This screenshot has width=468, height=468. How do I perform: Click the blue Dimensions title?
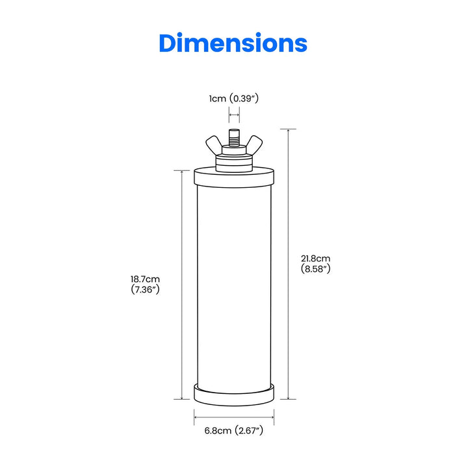tap(233, 43)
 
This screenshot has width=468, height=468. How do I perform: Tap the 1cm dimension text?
tap(218, 99)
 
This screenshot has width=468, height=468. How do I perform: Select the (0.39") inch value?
tap(247, 99)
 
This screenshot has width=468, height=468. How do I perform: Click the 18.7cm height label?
tap(145, 279)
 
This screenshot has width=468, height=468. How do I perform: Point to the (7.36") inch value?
tap(145, 290)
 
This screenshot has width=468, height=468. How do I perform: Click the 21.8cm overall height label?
tap(317, 258)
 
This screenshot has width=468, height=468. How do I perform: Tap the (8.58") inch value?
tap(317, 268)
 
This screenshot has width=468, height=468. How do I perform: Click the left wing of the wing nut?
tap(215, 144)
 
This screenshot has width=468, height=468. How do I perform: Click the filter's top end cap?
tap(234, 177)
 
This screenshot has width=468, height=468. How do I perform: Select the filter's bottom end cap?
tap(234, 392)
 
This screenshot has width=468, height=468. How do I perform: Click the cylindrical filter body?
tap(234, 286)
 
